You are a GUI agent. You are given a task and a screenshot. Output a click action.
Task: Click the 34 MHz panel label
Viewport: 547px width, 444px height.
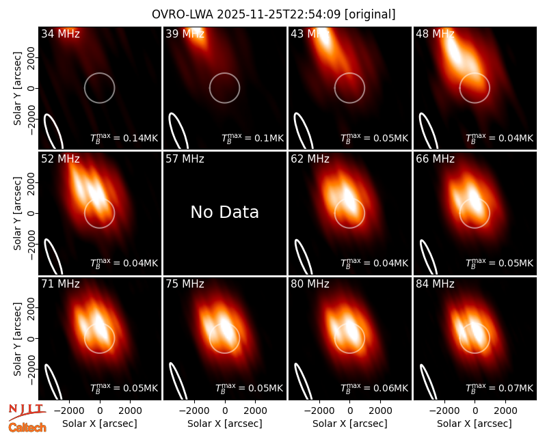[x=60, y=33]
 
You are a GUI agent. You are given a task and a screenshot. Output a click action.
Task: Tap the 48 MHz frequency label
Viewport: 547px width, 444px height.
[x=435, y=33]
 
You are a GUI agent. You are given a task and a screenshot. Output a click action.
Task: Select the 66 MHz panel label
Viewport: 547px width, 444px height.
[x=435, y=159]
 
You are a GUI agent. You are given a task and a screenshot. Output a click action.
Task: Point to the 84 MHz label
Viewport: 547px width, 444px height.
[x=435, y=284]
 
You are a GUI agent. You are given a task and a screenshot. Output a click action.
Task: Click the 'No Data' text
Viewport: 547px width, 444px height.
[x=225, y=212]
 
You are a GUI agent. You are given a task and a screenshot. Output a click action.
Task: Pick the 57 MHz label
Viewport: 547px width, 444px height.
[x=185, y=159]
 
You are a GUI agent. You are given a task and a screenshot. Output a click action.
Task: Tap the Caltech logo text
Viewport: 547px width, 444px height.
[x=27, y=428]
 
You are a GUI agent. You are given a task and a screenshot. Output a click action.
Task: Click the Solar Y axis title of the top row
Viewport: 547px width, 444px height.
[x=17, y=88]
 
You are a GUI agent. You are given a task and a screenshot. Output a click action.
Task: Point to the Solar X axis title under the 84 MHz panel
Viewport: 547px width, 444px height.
[x=475, y=424]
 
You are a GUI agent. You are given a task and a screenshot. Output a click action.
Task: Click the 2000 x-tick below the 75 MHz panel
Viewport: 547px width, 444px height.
[x=256, y=411]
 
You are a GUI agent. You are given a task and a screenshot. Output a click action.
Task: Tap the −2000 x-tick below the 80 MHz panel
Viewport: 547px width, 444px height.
[x=319, y=411]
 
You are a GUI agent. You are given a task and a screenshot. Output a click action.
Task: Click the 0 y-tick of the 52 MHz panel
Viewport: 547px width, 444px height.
[x=31, y=213]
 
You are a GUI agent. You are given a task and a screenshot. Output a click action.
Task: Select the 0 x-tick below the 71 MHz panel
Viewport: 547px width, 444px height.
[x=100, y=411]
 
